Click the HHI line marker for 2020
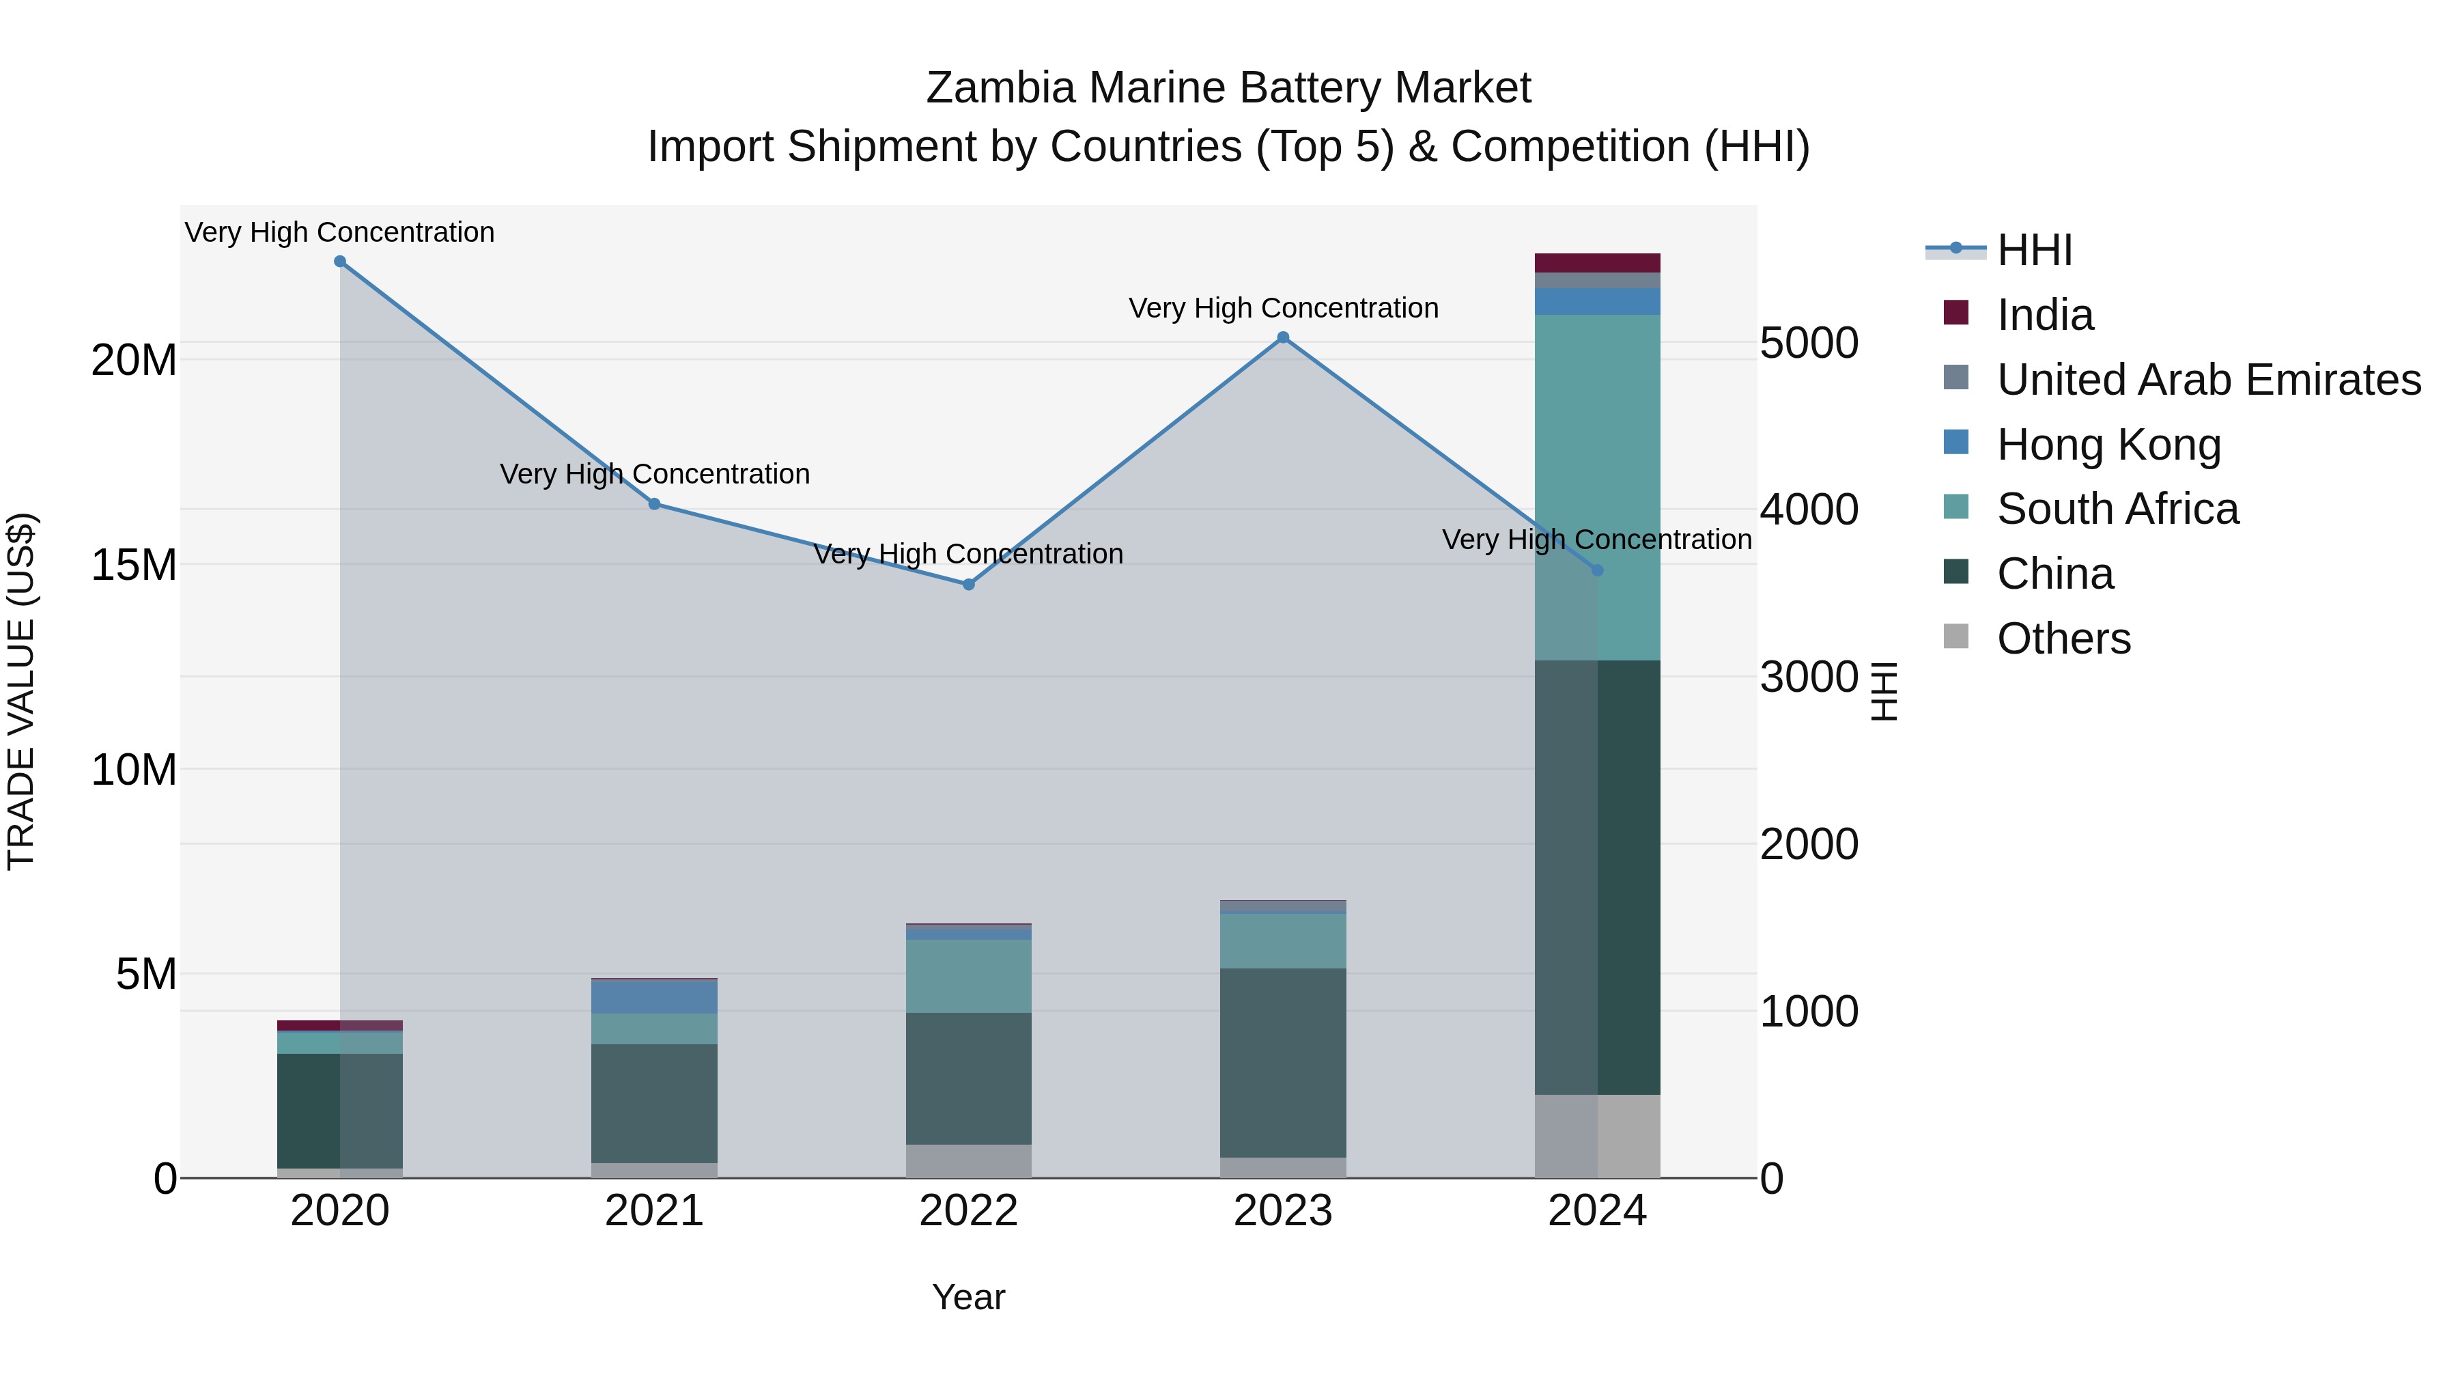(340, 262)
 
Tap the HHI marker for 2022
(968, 584)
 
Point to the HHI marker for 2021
(655, 504)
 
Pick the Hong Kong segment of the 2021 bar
(655, 996)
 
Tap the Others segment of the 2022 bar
(968, 1160)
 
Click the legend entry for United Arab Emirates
(2208, 380)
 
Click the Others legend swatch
(1955, 637)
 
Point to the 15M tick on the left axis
(134, 565)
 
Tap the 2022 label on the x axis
(968, 1211)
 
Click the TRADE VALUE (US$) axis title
(21, 691)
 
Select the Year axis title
(968, 1297)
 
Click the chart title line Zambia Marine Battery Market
(1228, 88)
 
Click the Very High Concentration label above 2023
(1282, 308)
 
